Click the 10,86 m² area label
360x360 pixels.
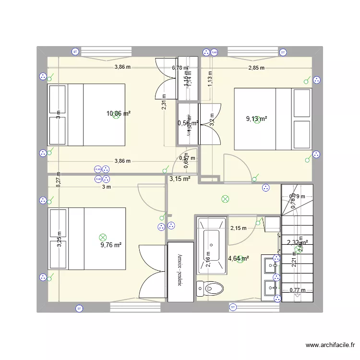(x=119, y=114)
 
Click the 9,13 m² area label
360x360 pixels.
(x=257, y=119)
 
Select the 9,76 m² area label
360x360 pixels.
(x=111, y=245)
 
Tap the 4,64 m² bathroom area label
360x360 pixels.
(x=239, y=259)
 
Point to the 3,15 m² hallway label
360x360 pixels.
(x=180, y=179)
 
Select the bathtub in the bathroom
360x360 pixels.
(x=211, y=246)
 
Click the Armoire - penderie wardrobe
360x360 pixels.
(x=180, y=272)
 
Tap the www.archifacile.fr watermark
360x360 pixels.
(x=331, y=345)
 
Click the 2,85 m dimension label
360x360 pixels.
(x=256, y=68)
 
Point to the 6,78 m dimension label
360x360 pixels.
(x=180, y=68)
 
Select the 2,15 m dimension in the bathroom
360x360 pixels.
(x=238, y=228)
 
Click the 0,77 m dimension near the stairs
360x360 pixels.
(x=298, y=289)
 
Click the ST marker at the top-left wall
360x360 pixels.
(x=75, y=51)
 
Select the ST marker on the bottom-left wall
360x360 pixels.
(x=79, y=308)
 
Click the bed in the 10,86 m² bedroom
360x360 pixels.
(x=86, y=115)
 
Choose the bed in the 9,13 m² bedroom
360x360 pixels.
(x=273, y=119)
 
